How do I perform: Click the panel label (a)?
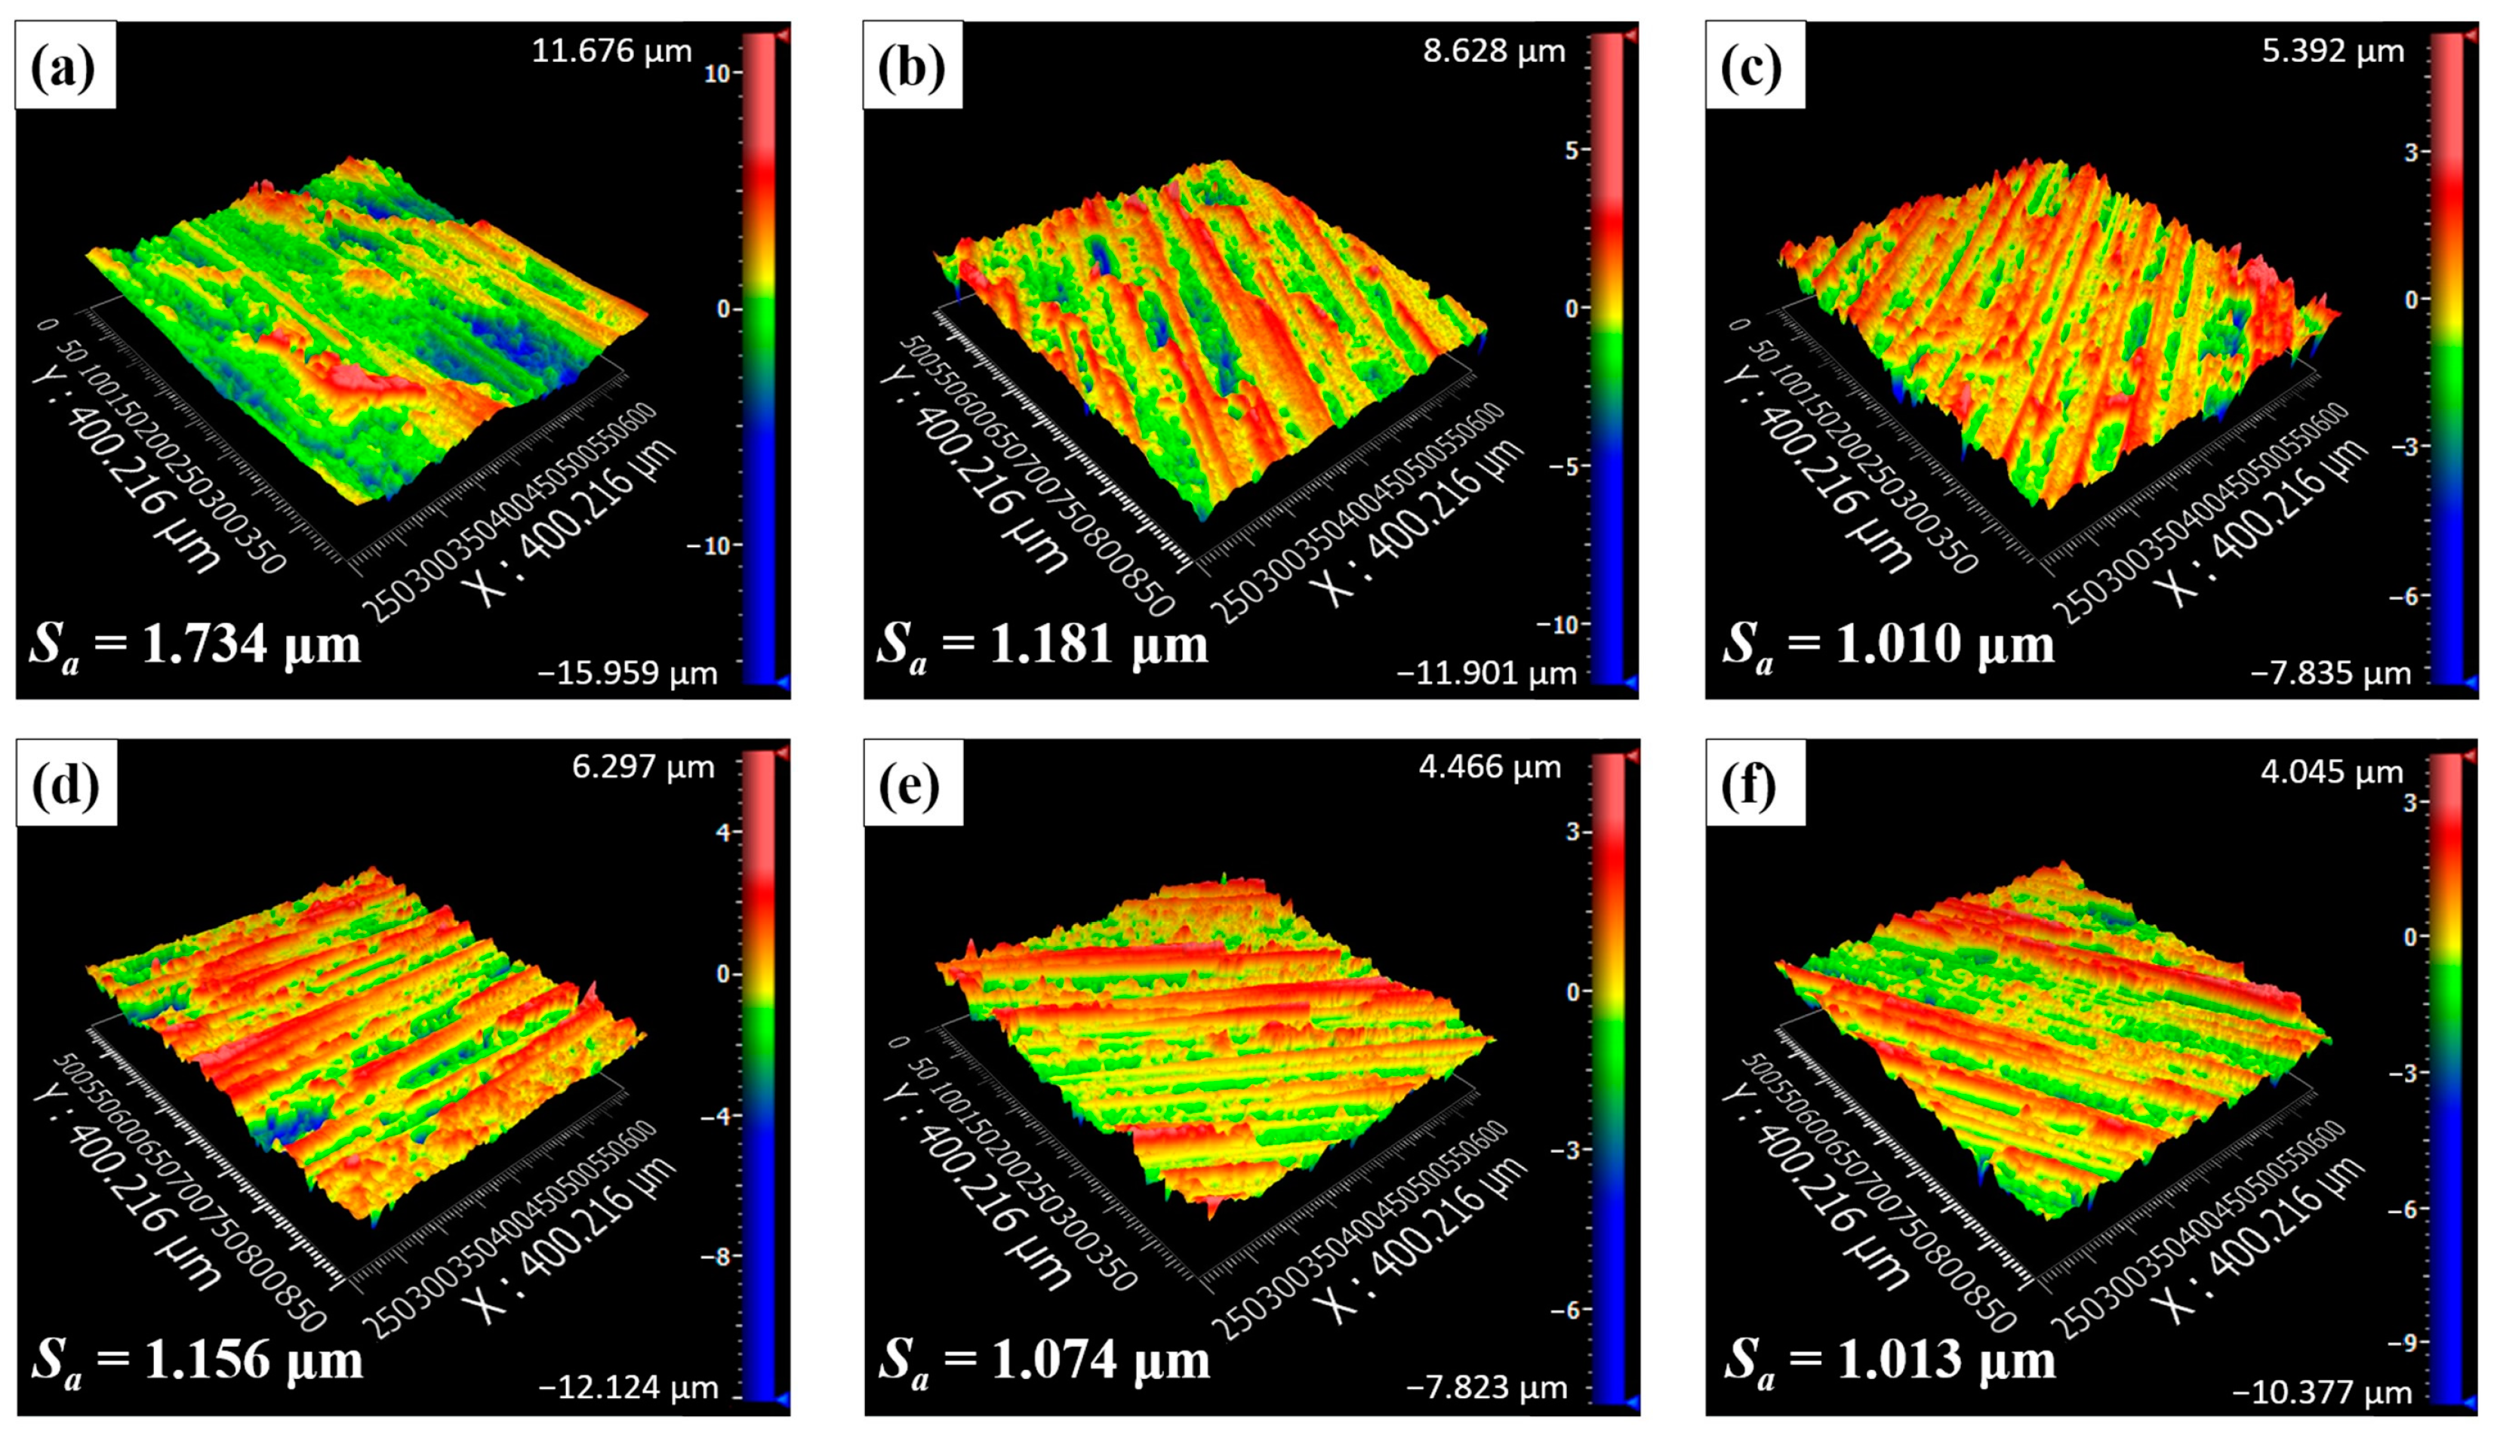64,66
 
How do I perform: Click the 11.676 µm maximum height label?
611,51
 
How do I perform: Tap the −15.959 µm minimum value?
627,674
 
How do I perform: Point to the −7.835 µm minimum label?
2329,674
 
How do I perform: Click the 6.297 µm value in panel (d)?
642,767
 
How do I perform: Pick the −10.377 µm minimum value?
2322,1392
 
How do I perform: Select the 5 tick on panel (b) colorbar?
1572,151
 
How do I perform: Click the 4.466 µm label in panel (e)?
1489,767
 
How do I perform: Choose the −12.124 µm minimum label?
627,1387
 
